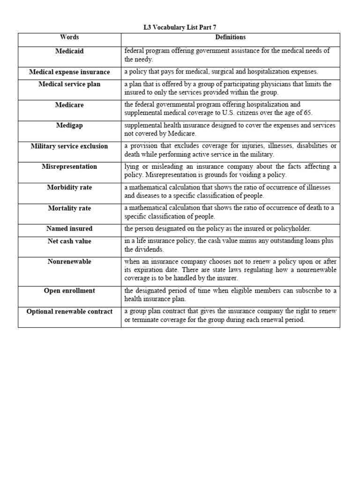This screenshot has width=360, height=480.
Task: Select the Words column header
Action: tap(69, 37)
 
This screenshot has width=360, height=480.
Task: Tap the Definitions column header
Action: tap(230, 37)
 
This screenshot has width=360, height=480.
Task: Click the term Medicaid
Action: tap(69, 51)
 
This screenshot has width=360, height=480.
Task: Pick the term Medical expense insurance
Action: tap(69, 72)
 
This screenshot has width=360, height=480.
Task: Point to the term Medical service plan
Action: tap(69, 84)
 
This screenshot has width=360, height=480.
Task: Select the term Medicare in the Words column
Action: tap(69, 105)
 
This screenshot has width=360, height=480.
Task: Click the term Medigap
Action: tap(69, 126)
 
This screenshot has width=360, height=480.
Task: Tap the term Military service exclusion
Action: tap(69, 146)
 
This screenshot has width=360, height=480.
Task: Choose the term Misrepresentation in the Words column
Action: tap(69, 167)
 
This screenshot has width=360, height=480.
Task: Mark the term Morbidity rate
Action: tap(69, 187)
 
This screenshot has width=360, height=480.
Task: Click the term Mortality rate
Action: tap(69, 208)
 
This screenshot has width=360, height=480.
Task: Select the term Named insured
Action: tap(69, 229)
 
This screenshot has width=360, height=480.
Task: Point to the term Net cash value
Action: tap(69, 241)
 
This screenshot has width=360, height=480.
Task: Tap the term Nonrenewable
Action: tap(69, 262)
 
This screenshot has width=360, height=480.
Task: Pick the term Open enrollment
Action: tap(69, 291)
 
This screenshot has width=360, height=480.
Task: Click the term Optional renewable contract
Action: tap(69, 312)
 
